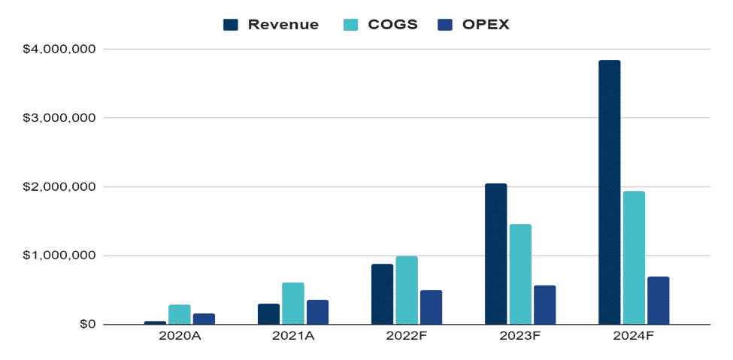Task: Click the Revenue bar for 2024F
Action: (x=609, y=192)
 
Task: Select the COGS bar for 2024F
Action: (x=634, y=258)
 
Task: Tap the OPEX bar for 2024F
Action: (x=658, y=301)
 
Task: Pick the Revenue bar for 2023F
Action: (x=495, y=254)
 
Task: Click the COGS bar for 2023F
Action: (x=520, y=274)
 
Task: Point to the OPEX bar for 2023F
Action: (x=544, y=305)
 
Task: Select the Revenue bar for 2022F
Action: (x=382, y=295)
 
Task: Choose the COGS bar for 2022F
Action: (x=407, y=290)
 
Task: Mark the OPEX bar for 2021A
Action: (x=317, y=312)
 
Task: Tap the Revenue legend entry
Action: (x=272, y=25)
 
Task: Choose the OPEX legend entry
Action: (x=474, y=25)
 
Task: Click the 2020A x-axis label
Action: (x=179, y=336)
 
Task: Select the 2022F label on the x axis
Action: (x=407, y=336)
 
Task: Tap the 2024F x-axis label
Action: (x=634, y=336)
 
